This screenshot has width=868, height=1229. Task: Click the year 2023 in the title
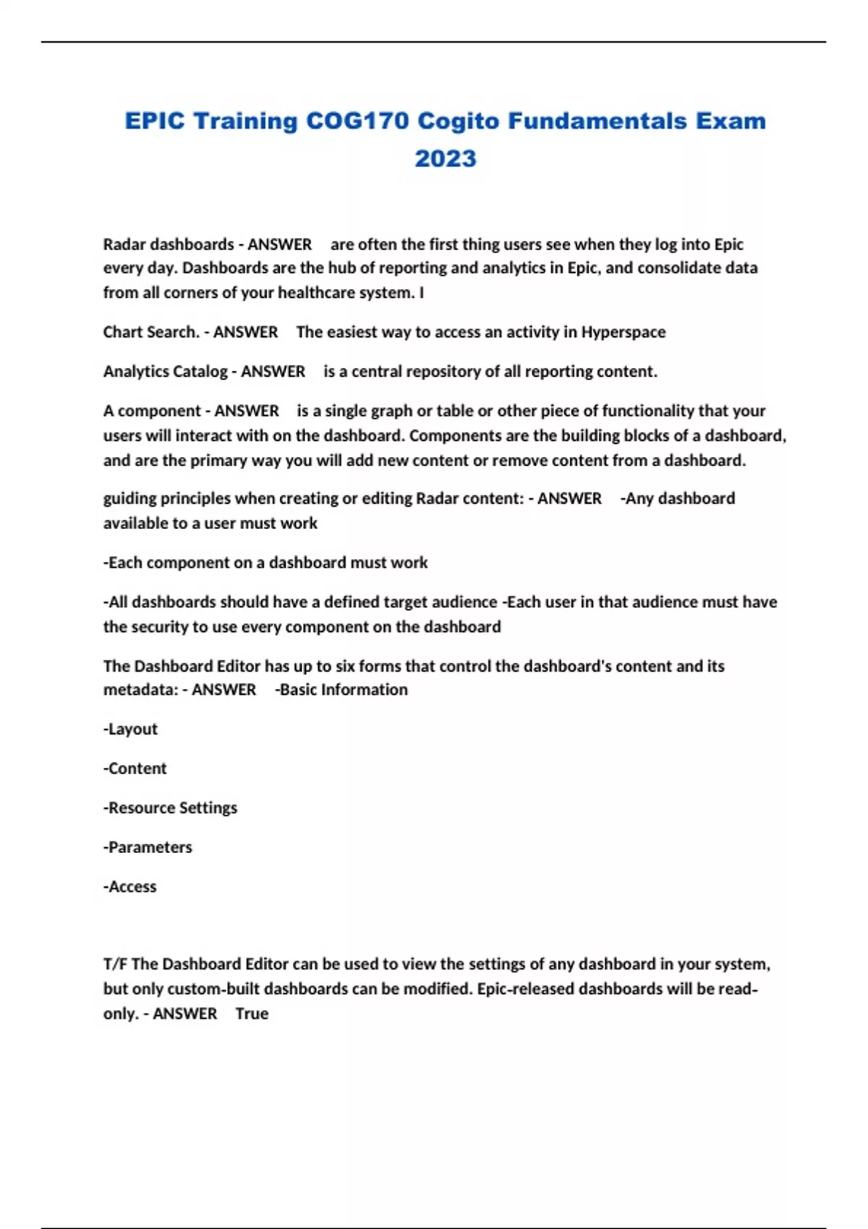[x=445, y=158]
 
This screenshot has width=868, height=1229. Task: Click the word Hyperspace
[x=623, y=332]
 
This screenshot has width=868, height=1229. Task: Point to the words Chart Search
[x=150, y=332]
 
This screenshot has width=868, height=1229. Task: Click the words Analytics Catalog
[x=165, y=372]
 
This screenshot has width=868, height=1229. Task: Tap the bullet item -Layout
[x=130, y=729]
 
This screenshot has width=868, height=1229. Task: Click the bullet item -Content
[x=135, y=768]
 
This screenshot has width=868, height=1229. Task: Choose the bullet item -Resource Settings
[x=170, y=808]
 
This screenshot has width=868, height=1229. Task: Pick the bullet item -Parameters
[x=148, y=847]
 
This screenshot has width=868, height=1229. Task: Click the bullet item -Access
[x=130, y=886]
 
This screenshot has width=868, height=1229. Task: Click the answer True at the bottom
[x=252, y=1014]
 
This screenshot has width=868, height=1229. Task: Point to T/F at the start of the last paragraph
[x=115, y=964]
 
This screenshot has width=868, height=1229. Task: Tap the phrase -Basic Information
[x=341, y=690]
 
